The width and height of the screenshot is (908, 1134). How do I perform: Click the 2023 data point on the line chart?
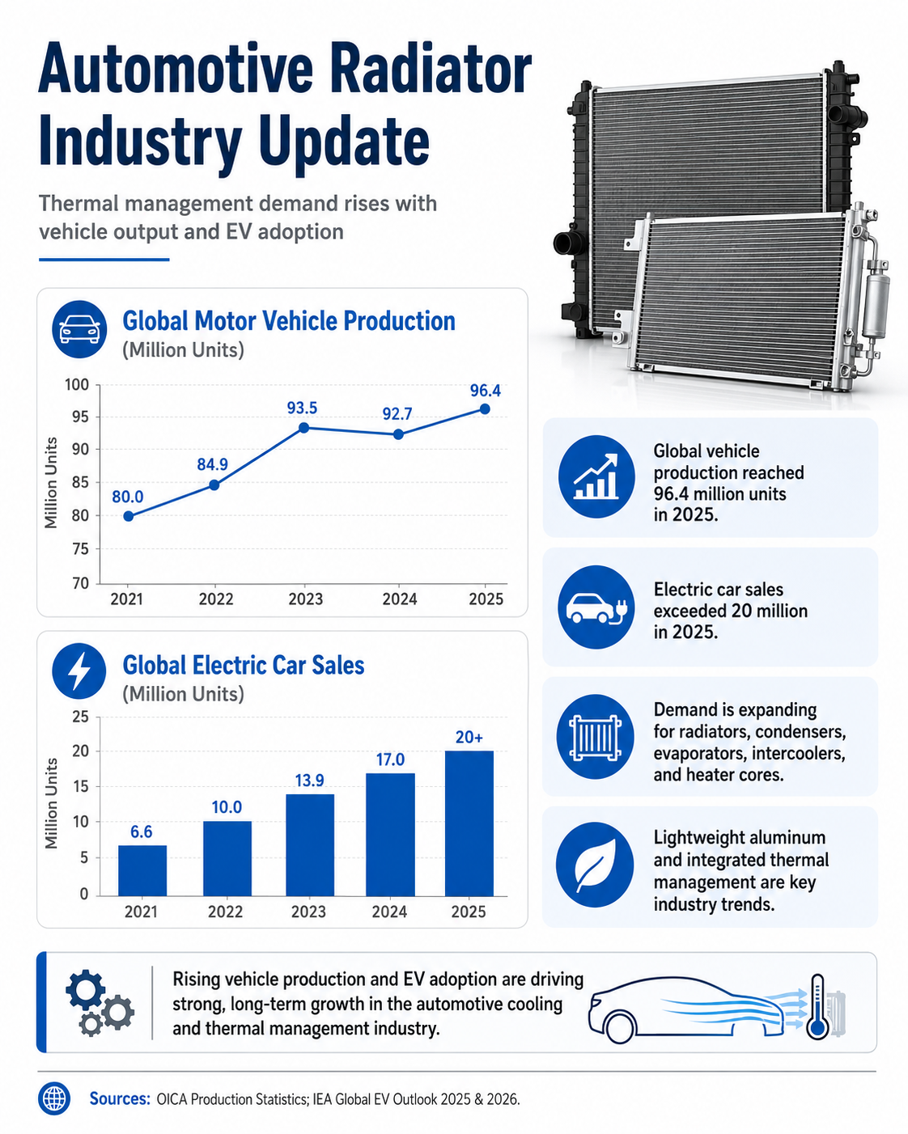303,427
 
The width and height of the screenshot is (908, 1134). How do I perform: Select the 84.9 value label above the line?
213,464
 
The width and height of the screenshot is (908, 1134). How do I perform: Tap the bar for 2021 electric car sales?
142,870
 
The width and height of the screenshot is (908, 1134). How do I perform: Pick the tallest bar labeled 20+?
469,823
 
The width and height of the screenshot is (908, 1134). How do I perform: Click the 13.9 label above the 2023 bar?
309,781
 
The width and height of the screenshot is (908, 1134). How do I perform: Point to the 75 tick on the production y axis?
79,549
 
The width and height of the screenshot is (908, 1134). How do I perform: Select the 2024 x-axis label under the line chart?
400,599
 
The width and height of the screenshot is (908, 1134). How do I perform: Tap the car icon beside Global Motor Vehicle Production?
79,329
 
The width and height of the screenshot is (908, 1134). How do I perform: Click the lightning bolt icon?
79,671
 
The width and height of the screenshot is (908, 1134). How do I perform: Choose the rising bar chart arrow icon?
596,476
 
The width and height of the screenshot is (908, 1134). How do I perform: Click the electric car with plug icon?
596,607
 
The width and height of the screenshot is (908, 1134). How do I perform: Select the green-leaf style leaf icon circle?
596,865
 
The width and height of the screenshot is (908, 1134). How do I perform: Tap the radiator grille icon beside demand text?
596,736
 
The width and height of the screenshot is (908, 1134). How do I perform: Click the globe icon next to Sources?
54,1098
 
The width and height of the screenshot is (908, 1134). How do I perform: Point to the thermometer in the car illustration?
817,1006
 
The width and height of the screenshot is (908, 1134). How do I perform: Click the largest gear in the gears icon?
86,989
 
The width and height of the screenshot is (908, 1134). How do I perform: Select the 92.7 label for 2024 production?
397,414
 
